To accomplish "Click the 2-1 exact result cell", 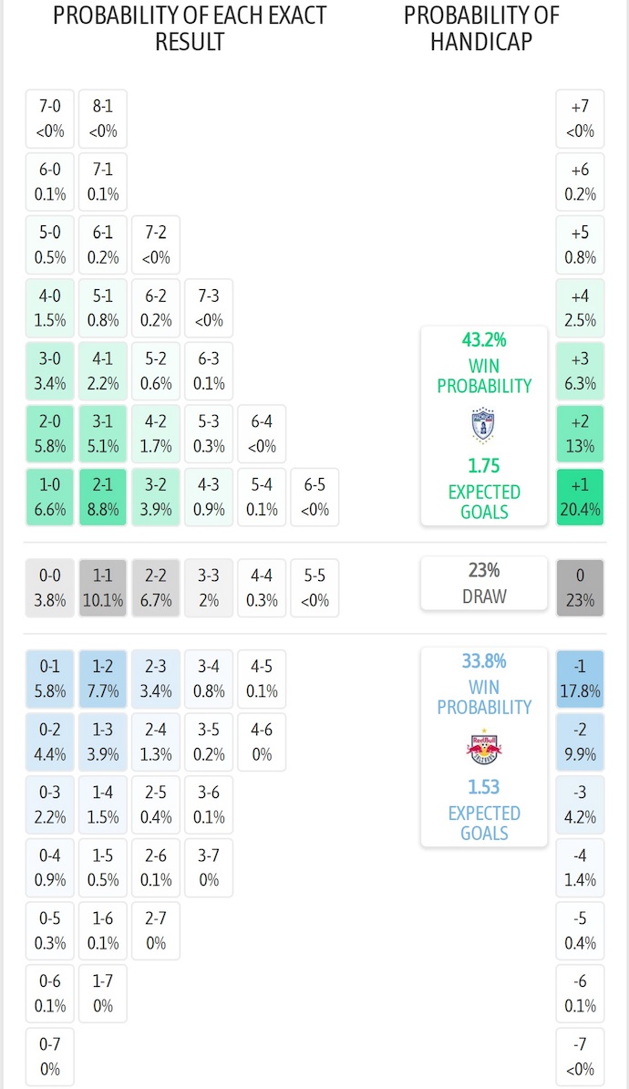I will click(x=103, y=497).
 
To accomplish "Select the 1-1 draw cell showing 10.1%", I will click(x=103, y=587).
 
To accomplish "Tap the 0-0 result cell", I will click(x=50, y=587).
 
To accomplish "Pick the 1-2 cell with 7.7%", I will click(x=103, y=678).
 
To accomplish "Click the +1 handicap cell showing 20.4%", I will click(x=580, y=497).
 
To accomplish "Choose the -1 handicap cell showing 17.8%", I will click(x=580, y=678).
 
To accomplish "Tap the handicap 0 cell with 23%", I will click(x=580, y=587).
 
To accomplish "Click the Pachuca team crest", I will click(x=484, y=426).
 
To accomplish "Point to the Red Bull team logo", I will click(x=484, y=747).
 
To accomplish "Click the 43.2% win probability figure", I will click(x=484, y=340).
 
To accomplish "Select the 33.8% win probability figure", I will click(x=484, y=661).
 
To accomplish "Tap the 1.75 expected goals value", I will click(x=484, y=465).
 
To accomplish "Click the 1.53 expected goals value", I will click(x=484, y=786).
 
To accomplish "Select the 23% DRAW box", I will click(x=484, y=583).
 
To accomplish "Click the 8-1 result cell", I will click(x=103, y=118).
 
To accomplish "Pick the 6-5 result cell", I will click(x=314, y=497).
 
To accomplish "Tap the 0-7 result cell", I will click(x=50, y=1055).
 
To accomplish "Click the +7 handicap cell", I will click(x=580, y=118).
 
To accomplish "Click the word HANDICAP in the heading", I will click(x=481, y=41).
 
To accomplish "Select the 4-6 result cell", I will click(x=262, y=742).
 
